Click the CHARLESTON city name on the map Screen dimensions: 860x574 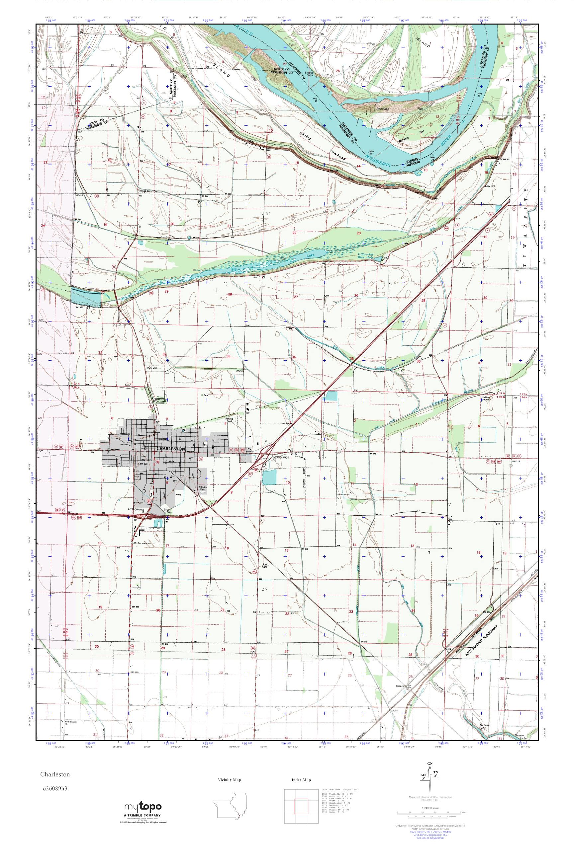[x=171, y=449]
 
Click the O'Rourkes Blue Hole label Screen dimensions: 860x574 [x=366, y=255]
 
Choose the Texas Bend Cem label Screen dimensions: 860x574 [x=150, y=191]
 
